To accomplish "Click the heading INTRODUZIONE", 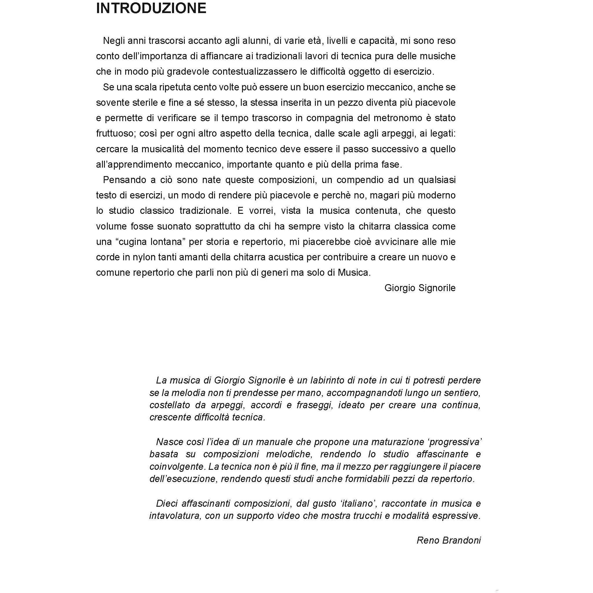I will [151, 8].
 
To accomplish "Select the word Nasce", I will [169, 442].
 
